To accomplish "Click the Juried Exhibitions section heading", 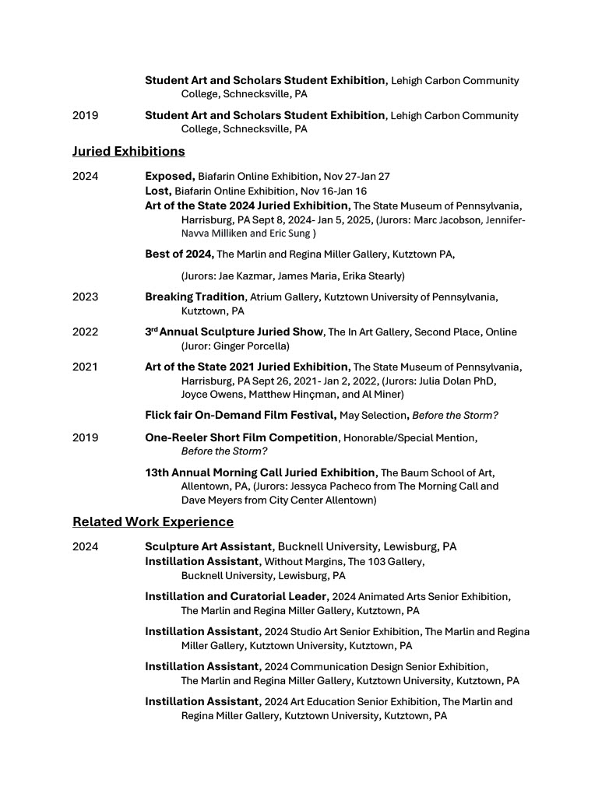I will [x=128, y=151].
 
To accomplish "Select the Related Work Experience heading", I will [x=153, y=521].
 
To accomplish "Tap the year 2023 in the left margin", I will [x=85, y=297].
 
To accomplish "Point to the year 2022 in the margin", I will [x=85, y=332].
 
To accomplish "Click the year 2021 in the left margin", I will [x=85, y=367].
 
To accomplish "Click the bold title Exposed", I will [x=169, y=177].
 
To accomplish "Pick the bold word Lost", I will [x=157, y=191].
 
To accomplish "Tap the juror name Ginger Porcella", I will [x=256, y=346].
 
